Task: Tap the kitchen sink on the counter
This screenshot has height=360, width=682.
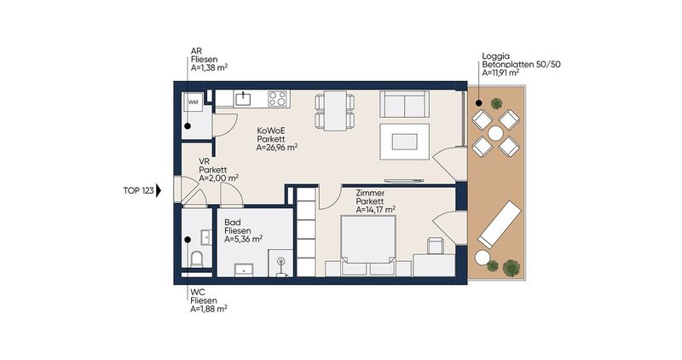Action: [x=243, y=98]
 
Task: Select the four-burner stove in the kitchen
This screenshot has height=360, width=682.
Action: [x=277, y=98]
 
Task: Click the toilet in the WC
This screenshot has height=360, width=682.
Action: [x=197, y=259]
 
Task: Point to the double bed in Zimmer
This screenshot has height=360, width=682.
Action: [x=368, y=245]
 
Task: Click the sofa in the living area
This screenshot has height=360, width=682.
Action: [x=404, y=104]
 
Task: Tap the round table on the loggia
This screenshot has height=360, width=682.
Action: [x=495, y=133]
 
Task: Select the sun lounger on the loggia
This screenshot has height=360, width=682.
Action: [x=500, y=224]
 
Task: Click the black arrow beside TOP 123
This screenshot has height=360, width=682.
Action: [x=159, y=191]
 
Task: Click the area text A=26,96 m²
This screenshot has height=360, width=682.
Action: [x=276, y=148]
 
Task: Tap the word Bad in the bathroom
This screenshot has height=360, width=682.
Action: [x=233, y=223]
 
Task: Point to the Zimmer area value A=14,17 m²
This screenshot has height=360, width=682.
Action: [x=375, y=210]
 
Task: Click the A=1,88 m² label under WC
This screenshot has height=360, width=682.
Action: [x=209, y=309]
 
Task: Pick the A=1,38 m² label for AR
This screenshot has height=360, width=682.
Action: [x=209, y=68]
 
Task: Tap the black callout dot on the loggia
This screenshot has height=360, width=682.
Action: [x=478, y=103]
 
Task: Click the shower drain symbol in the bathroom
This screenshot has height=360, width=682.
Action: [x=281, y=262]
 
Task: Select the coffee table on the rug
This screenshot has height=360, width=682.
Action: [x=404, y=142]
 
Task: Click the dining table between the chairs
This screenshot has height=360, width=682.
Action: [x=335, y=111]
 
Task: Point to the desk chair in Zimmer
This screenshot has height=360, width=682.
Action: [x=435, y=246]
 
